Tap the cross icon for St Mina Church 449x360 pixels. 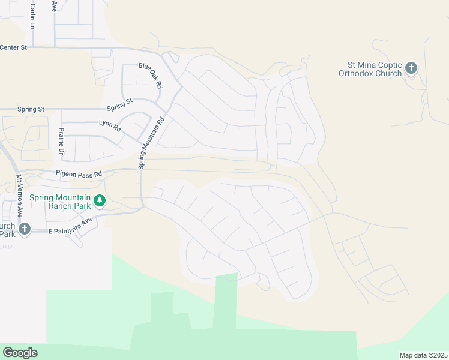click(411, 68)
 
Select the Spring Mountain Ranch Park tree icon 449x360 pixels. click(100, 201)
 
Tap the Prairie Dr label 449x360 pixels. click(61, 140)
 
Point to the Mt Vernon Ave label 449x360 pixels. click(19, 197)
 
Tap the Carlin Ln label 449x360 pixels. click(32, 16)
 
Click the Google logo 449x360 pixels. click(20, 353)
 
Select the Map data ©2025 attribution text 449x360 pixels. click(423, 355)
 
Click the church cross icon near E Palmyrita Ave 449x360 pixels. click(24, 229)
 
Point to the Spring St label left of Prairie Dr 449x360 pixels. click(31, 109)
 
